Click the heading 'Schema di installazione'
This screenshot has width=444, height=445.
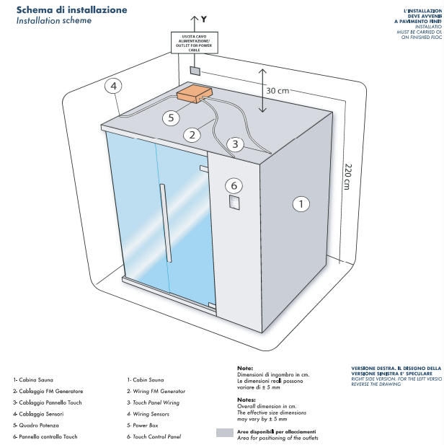pos(72,9)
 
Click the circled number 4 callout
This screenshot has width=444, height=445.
pos(113,87)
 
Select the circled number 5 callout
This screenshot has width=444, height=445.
pos(170,118)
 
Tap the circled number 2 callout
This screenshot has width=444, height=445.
pos(191,134)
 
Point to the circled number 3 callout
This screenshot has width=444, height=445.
pos(234,144)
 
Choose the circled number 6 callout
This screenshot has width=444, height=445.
pos(234,185)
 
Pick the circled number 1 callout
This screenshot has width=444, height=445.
pos(301,203)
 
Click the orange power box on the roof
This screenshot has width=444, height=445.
pos(195,94)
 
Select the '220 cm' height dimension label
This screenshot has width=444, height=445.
pos(347,176)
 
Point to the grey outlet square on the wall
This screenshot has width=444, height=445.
pos(194,71)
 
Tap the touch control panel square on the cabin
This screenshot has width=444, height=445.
pos(234,203)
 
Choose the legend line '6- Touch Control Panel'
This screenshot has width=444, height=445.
pos(154,436)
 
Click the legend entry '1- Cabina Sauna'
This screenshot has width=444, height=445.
pos(32,379)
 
